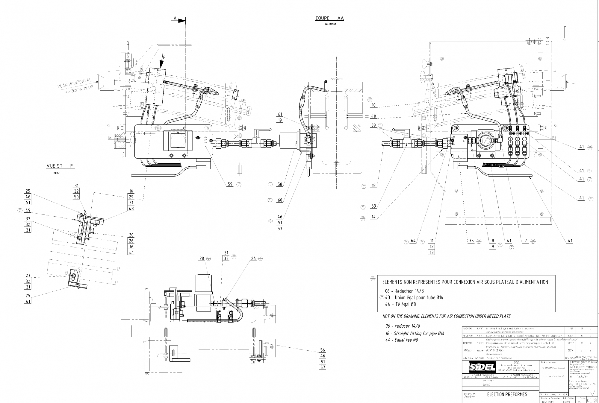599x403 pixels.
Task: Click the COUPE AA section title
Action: coord(329,18)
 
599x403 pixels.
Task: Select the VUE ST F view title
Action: coord(60,166)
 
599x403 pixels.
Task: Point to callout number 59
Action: coord(230,184)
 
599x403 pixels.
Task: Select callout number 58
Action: coord(280,184)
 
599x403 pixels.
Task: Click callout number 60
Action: coord(280,200)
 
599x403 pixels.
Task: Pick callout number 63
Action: coord(373,206)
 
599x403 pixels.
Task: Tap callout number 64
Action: coord(413,241)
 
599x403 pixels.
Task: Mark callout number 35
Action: coord(471,241)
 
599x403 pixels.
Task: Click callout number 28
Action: coord(202,258)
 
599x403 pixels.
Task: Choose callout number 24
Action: coord(254,258)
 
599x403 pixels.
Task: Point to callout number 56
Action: coord(323,350)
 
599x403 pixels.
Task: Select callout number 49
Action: coord(28,210)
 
